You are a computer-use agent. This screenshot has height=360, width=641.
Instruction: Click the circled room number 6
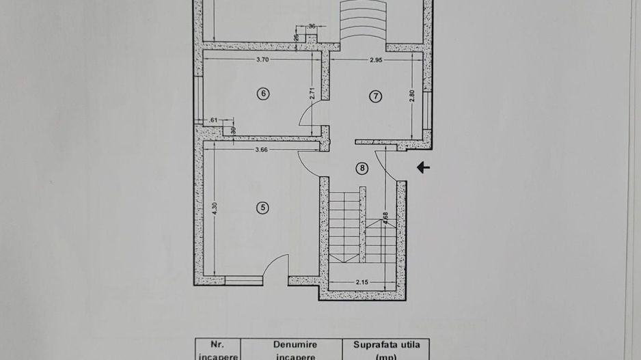(262, 94)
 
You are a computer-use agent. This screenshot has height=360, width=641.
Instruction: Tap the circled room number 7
(375, 96)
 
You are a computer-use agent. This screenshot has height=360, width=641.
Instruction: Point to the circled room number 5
(262, 208)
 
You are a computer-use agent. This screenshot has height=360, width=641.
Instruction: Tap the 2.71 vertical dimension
(312, 94)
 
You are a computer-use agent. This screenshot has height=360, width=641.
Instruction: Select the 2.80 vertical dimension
(412, 96)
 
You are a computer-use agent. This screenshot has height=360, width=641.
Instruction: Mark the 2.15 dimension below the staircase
(362, 281)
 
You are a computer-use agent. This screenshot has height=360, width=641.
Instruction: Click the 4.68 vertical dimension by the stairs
(385, 217)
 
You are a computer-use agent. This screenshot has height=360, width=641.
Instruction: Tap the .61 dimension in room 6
(213, 121)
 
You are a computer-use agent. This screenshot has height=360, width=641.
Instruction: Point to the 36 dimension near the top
(312, 26)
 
